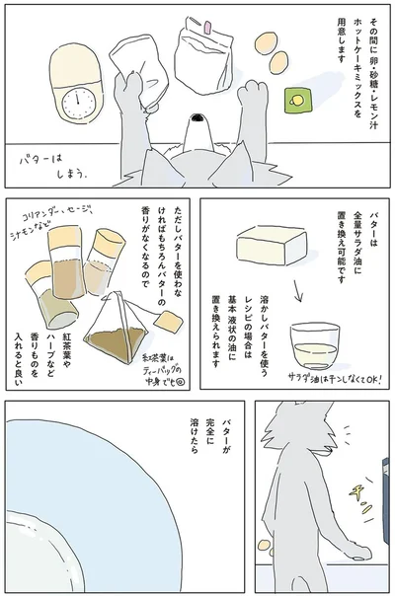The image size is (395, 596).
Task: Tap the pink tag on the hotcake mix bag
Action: point(208,34)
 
